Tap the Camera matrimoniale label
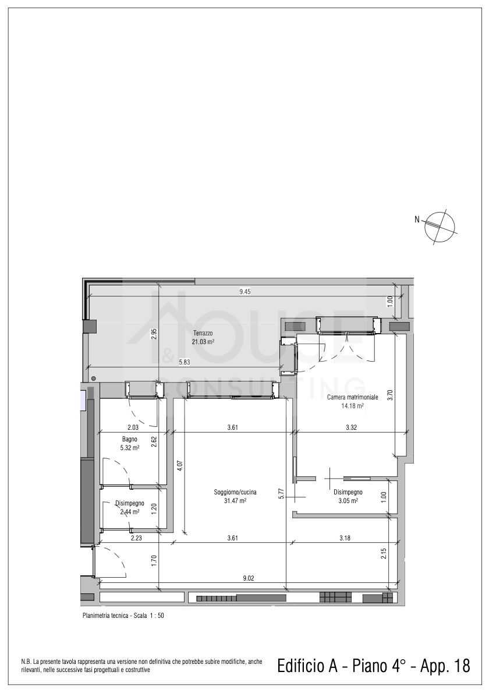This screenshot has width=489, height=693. point(353,397)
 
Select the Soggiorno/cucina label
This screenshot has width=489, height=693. point(235,492)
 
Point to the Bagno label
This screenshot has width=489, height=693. point(129,439)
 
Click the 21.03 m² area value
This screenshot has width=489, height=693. point(203,342)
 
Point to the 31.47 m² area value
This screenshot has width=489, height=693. point(235,501)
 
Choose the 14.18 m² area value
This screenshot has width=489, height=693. point(353,406)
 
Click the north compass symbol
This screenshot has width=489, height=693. point(440,227)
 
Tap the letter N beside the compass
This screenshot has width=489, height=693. point(417,218)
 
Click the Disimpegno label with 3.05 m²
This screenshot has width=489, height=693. point(348,492)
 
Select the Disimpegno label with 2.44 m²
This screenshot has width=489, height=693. point(130,503)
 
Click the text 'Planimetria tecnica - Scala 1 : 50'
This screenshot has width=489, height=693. point(123,615)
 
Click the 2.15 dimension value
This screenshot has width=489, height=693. point(384,554)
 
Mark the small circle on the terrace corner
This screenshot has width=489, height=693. point(93,379)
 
